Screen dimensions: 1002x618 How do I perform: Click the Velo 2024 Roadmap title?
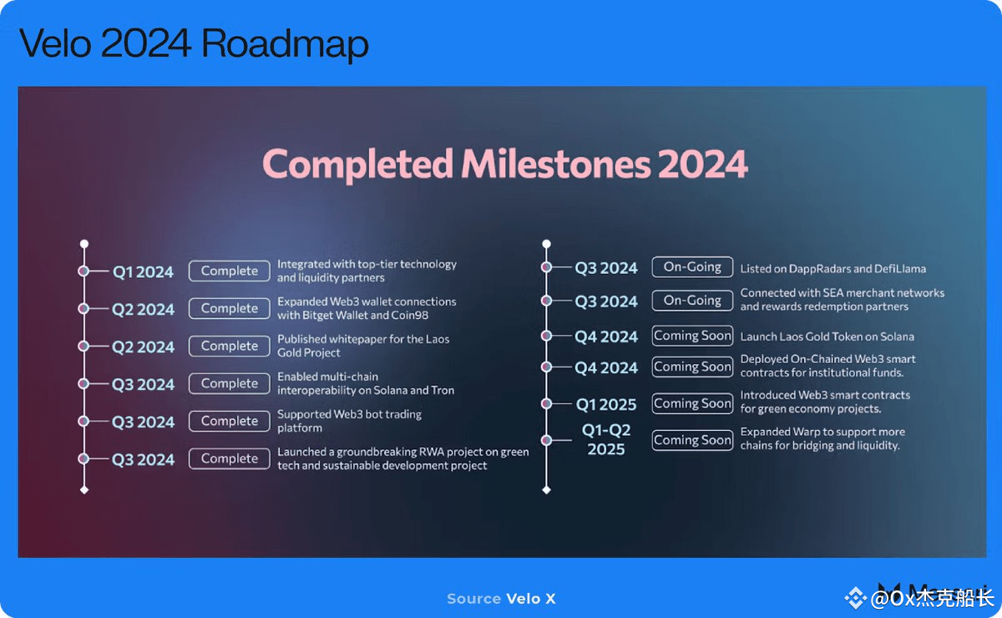pyautogui.click(x=194, y=44)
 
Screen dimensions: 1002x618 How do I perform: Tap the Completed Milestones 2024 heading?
pyautogui.click(x=505, y=164)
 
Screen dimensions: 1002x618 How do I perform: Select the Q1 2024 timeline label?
pyautogui.click(x=143, y=271)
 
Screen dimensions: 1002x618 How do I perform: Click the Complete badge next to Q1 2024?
pyautogui.click(x=230, y=271)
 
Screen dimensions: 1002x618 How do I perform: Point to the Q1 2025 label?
pyautogui.click(x=605, y=404)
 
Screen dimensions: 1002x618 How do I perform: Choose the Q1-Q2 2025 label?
pyautogui.click(x=606, y=439)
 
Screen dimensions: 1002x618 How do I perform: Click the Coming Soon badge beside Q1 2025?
pyautogui.click(x=692, y=403)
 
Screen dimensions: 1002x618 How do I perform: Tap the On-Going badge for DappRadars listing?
pyautogui.click(x=692, y=267)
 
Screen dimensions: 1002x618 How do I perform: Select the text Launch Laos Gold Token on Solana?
pyautogui.click(x=827, y=337)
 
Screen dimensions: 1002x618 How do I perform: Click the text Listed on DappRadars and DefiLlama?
pyautogui.click(x=833, y=269)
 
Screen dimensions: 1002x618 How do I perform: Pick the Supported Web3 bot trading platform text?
pyautogui.click(x=349, y=421)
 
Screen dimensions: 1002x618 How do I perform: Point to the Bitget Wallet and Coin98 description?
pyautogui.click(x=367, y=308)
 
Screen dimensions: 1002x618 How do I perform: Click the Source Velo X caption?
pyautogui.click(x=501, y=599)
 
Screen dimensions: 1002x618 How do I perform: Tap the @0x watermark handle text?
pyautogui.click(x=932, y=598)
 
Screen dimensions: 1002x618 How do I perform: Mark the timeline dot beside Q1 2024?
pyautogui.click(x=83, y=271)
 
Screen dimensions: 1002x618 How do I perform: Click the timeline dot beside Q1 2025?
pyautogui.click(x=546, y=403)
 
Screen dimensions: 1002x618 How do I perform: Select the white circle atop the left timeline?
pyautogui.click(x=84, y=244)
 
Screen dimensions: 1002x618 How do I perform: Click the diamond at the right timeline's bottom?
pyautogui.click(x=546, y=490)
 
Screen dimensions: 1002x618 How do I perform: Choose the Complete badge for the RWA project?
pyautogui.click(x=230, y=458)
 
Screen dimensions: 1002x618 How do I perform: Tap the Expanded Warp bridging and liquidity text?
pyautogui.click(x=822, y=438)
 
